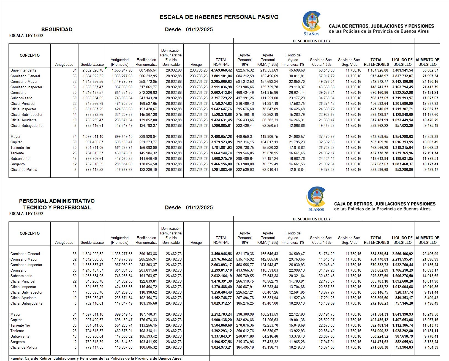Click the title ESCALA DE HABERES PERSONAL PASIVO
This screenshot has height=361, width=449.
pos(219,17)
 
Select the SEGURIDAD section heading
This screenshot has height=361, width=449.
pos(57,30)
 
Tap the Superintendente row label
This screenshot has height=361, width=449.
pos(23,70)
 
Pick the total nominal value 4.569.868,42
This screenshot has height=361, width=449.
pos(221,70)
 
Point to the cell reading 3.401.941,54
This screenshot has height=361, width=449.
pos(402,70)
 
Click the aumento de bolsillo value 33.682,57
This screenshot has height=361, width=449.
pos(428,70)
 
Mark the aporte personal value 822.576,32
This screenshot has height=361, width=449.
pos(245,70)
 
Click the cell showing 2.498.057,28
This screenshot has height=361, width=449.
pos(221,137)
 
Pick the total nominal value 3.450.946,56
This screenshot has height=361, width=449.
pos(221,254)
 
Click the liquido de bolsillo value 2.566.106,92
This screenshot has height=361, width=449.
pos(402,254)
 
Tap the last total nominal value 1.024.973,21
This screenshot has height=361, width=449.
pos(221,348)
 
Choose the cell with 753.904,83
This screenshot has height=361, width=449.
pos(402,348)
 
